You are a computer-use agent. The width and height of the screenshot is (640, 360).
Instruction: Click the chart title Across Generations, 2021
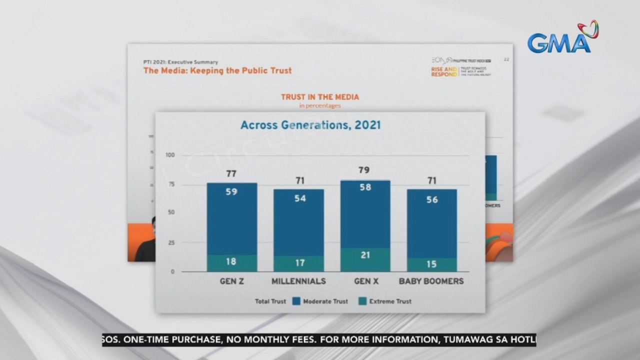pos(310,125)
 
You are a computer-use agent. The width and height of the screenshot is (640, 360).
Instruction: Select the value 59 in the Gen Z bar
pos(231,191)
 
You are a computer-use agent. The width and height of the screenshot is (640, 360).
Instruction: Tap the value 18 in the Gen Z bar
pos(231,262)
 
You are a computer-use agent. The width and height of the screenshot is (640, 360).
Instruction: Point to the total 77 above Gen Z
pos(231,174)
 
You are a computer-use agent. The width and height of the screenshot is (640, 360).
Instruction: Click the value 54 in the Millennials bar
pos(299,198)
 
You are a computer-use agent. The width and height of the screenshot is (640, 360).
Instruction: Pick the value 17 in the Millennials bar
pos(299,262)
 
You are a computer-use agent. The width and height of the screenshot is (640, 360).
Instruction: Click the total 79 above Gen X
pos(364,170)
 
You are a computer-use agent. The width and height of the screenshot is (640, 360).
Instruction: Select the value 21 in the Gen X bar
pos(365,255)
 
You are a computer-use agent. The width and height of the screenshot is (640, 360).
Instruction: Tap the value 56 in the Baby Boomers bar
pos(432,199)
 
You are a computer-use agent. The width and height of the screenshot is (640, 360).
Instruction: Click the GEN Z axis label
pos(231,281)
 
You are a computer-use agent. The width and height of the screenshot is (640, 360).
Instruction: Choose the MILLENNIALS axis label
pos(298,281)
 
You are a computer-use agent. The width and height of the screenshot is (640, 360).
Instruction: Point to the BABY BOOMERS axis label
pos(431,281)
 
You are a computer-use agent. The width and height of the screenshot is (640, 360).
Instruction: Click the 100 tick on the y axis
pos(170,155)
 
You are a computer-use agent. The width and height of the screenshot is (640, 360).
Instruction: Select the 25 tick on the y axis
pos(171,243)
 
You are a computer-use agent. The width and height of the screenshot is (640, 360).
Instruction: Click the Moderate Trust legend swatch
pos(296,301)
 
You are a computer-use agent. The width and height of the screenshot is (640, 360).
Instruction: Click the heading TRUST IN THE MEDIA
pos(319,97)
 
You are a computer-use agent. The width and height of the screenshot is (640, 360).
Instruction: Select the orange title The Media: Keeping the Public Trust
pos(217,70)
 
